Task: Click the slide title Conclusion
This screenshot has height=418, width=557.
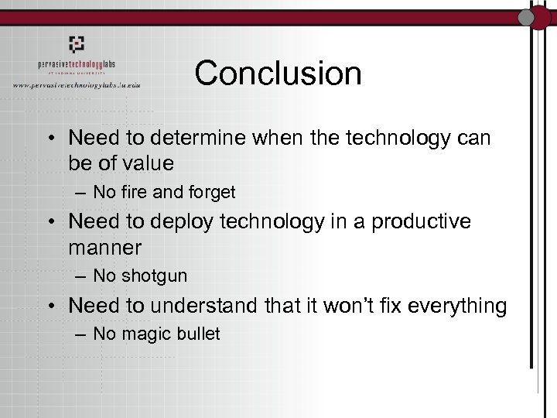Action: click(278, 74)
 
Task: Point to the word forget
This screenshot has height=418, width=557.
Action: click(210, 191)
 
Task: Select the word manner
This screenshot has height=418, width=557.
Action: click(104, 248)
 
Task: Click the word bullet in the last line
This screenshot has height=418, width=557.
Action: click(197, 334)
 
